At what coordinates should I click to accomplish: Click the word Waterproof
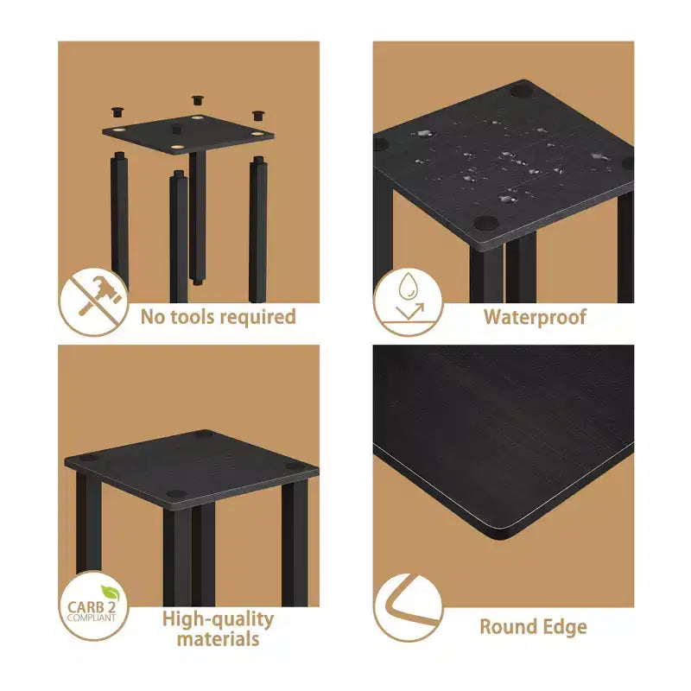535,317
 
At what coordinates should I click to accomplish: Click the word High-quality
219,619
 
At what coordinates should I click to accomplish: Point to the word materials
219,639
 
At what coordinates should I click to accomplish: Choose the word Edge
562,628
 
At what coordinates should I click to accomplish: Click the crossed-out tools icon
93,302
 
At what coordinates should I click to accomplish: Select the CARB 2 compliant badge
93,605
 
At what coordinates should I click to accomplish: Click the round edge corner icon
408,608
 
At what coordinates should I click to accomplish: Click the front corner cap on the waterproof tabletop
486,223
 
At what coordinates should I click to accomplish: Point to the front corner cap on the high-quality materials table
177,493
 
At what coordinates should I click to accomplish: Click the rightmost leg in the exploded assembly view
257,229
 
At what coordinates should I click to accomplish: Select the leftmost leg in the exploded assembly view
119,219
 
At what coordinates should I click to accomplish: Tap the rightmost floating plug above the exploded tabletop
258,116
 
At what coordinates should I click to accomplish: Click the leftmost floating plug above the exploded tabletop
117,112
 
